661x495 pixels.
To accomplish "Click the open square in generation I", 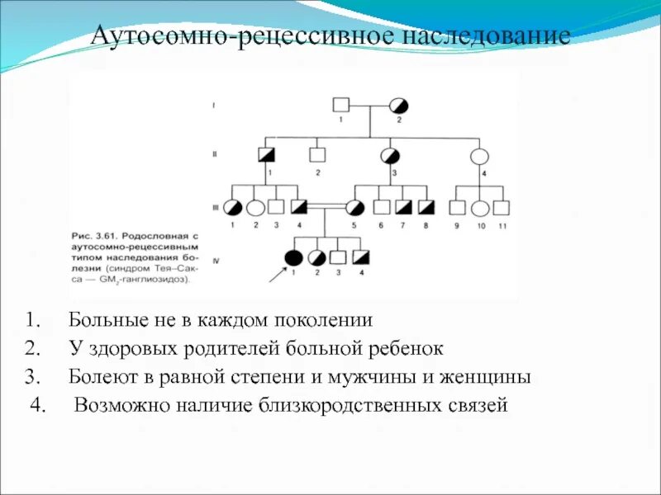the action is (340, 106).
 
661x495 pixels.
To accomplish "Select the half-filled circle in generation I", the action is (399, 106).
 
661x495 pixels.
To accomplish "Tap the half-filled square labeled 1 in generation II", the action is (267, 154).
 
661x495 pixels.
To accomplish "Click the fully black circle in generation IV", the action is (293, 256).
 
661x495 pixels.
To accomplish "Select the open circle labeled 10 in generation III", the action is (480, 207).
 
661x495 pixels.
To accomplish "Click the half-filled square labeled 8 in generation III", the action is (426, 207).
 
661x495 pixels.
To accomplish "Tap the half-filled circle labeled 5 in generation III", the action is (355, 207).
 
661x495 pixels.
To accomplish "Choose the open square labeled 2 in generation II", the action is (316, 154).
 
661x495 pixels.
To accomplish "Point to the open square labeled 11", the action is (502, 207).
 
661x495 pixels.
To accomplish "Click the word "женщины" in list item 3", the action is (487, 376).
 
